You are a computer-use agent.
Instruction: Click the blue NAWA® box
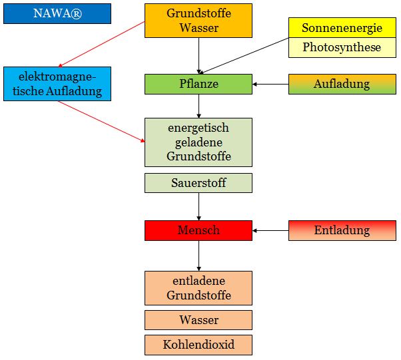pos(57,13)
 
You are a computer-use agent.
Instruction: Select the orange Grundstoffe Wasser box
pos(199,21)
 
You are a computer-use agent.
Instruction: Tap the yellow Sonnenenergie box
pos(342,28)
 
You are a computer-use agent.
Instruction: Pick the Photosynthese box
pos(342,47)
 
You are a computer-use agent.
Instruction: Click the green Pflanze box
pos(199,84)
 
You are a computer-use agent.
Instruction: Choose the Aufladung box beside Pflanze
pos(342,84)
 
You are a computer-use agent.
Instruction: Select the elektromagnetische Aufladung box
pos(57,84)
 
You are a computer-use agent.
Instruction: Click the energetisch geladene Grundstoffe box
pos(199,142)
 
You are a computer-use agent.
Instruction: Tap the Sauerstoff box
pos(199,182)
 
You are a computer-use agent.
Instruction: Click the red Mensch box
pos(199,230)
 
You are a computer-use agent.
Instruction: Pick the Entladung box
pos(342,230)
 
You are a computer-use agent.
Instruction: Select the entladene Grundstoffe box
pos(199,288)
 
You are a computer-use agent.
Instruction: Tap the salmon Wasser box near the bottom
pos(199,319)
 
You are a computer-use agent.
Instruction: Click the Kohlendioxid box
pos(199,345)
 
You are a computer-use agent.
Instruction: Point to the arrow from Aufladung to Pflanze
pos(270,84)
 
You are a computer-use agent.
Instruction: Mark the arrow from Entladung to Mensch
pos(270,230)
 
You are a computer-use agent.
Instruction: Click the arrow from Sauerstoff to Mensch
pos(199,206)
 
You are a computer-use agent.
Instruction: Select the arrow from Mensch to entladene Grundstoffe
pos(199,256)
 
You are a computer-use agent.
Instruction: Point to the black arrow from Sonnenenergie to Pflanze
pos(246,55)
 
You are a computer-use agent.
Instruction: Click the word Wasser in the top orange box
pos(199,28)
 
